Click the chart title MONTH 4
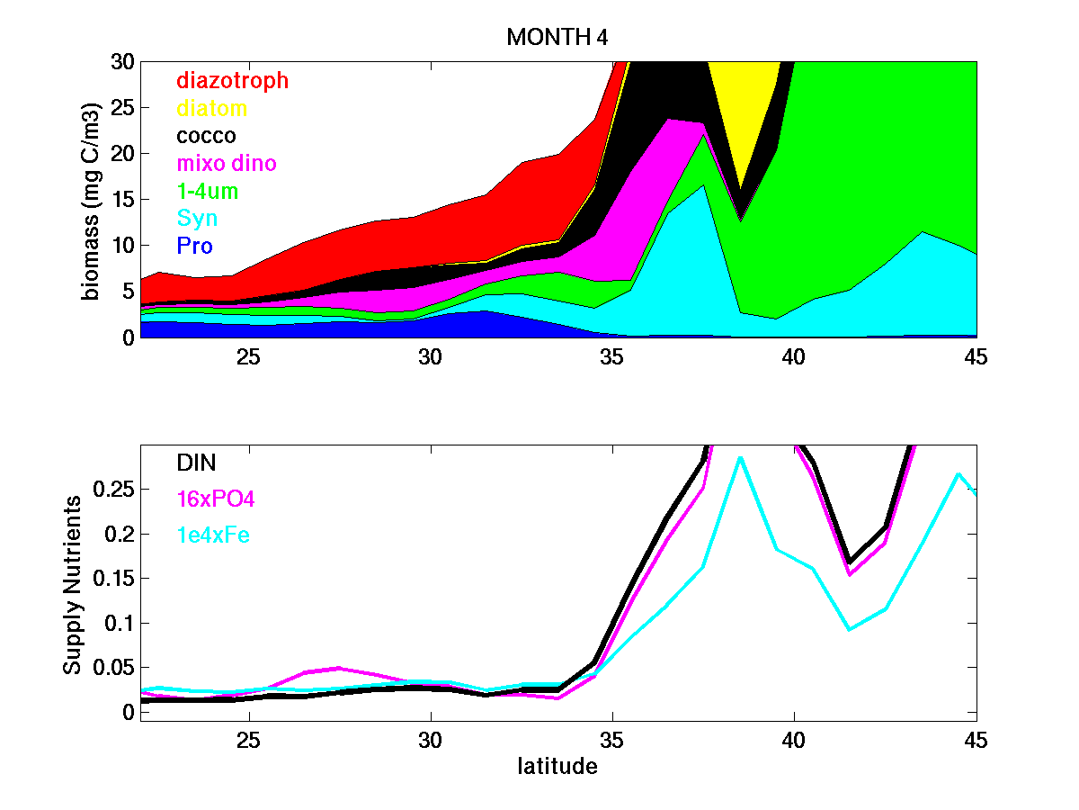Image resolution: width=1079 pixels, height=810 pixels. [x=557, y=38]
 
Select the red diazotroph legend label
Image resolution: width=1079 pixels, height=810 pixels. [x=232, y=80]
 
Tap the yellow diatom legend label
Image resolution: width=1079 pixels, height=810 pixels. [x=211, y=109]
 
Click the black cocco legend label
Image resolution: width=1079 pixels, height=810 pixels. [x=206, y=136]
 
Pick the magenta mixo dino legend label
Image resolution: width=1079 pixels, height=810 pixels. [x=226, y=164]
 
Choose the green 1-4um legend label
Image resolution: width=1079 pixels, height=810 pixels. [x=207, y=192]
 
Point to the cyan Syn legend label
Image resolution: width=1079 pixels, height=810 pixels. [x=196, y=219]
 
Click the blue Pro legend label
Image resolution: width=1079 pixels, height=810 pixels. [x=194, y=246]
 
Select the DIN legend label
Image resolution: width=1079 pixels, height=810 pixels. [x=196, y=463]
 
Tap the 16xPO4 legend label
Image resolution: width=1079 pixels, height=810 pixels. [x=210, y=499]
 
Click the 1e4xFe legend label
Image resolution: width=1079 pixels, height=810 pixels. [x=212, y=535]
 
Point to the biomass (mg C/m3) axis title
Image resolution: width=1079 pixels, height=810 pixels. [x=91, y=200]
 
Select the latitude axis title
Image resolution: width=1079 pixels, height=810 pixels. [x=557, y=767]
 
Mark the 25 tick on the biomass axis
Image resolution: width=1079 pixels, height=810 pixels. [x=120, y=108]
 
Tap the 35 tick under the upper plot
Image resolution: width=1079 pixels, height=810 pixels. [x=612, y=356]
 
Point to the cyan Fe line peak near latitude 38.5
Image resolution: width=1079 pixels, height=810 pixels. [x=739, y=458]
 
